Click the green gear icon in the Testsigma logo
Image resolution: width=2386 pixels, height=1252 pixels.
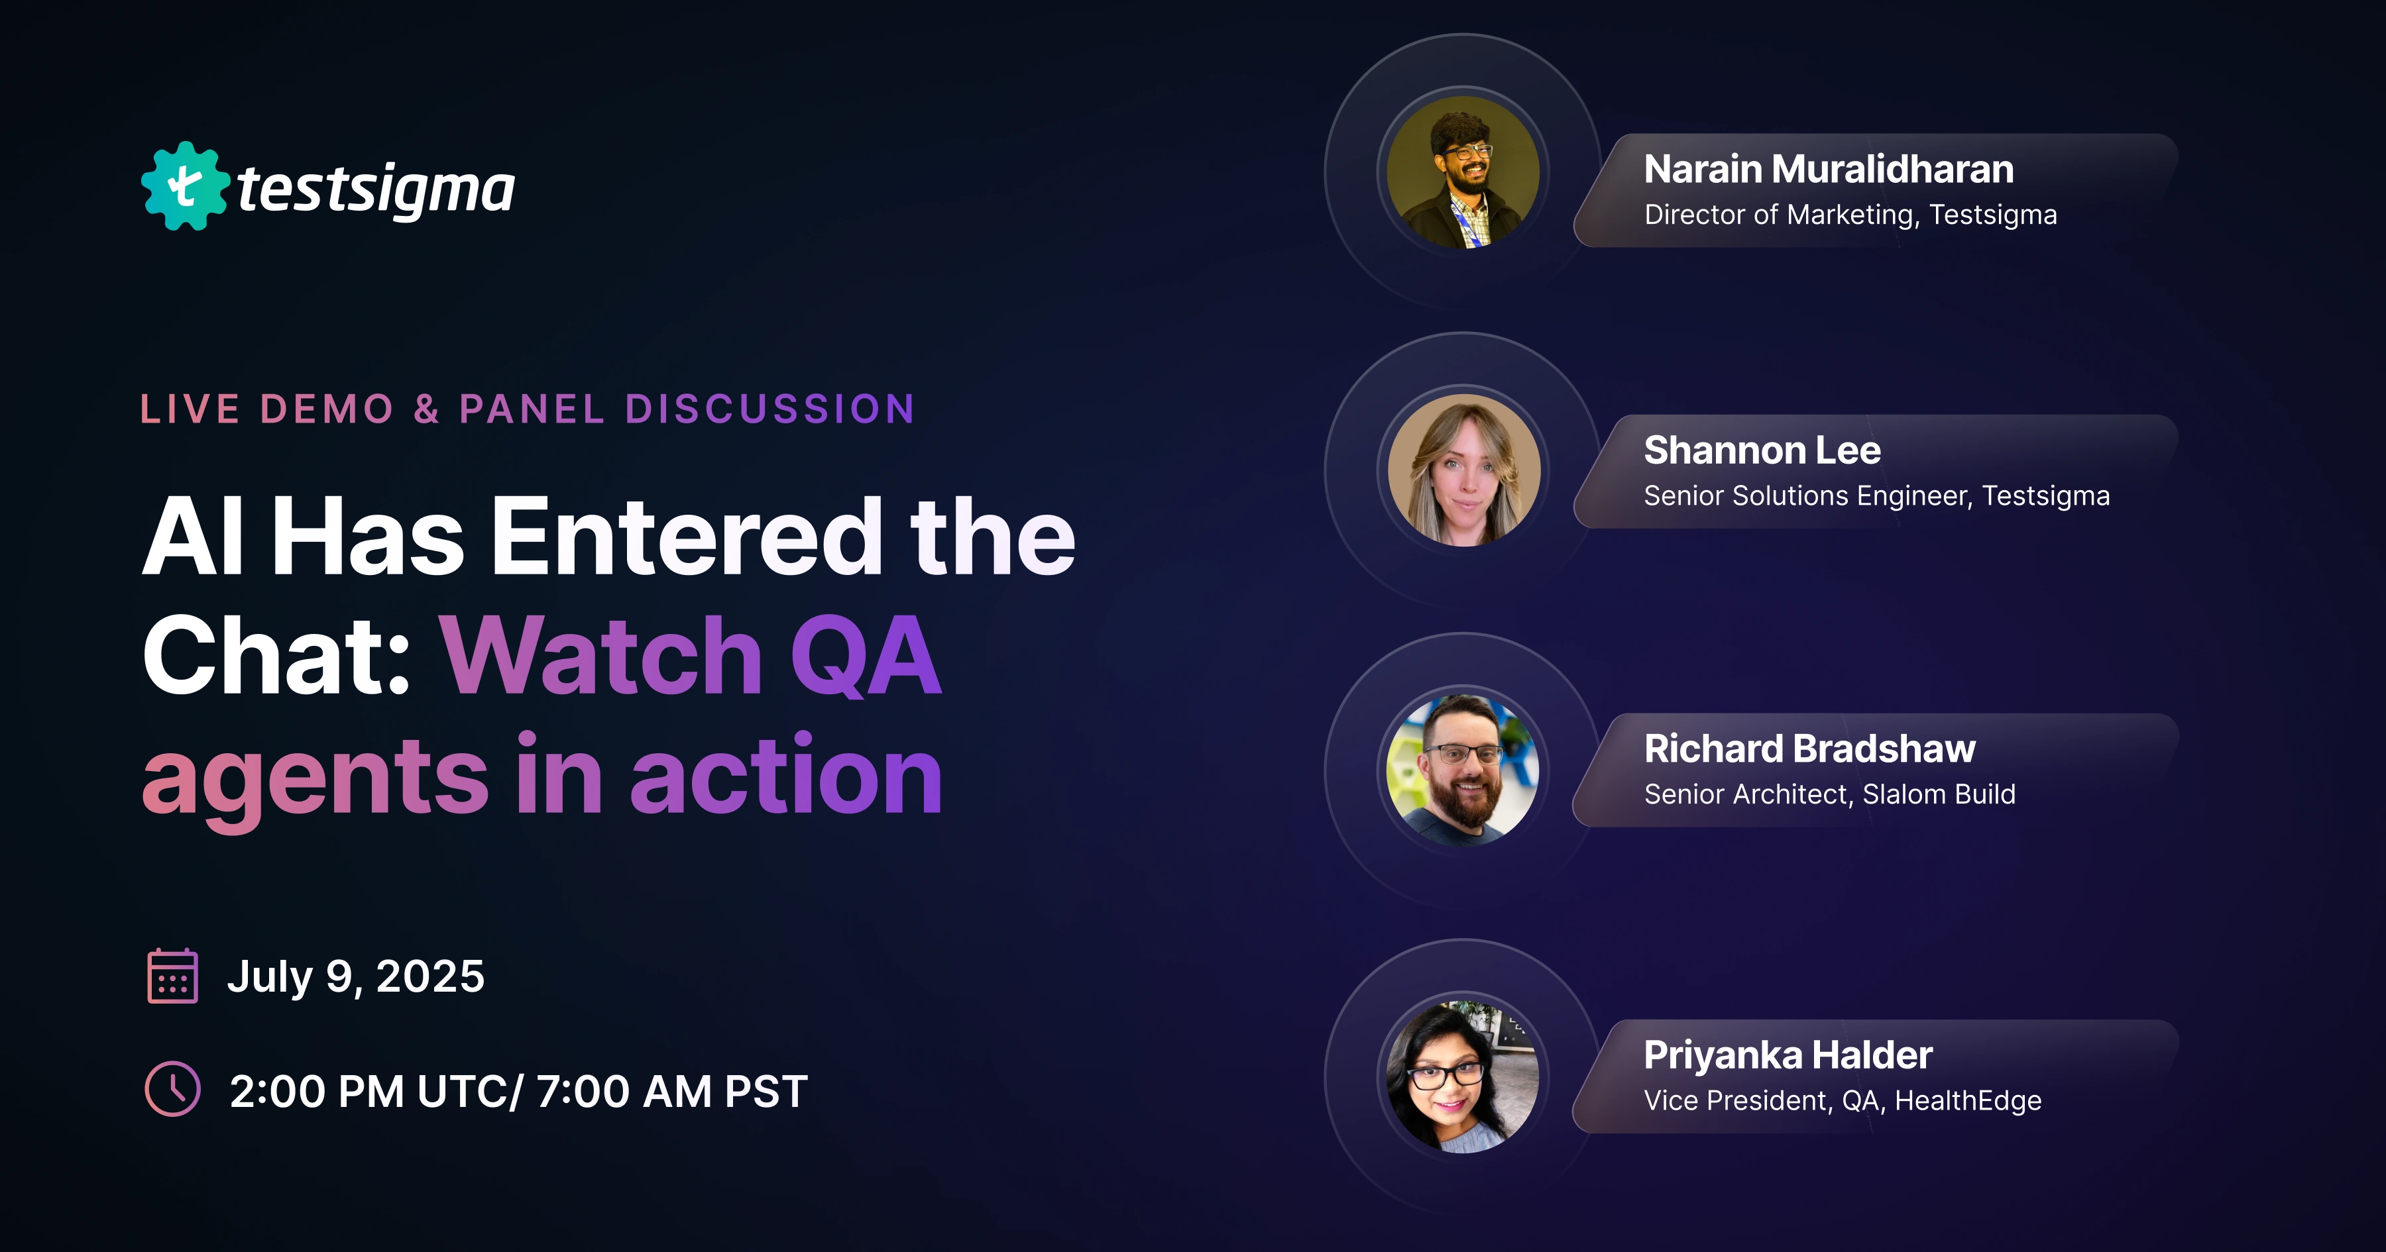point(184,186)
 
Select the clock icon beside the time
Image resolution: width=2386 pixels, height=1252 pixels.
point(172,1089)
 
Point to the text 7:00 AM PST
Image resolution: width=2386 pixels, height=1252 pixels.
point(671,1091)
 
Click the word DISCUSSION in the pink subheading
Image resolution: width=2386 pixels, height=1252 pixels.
point(769,409)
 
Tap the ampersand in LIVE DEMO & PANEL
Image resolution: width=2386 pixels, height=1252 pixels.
point(426,409)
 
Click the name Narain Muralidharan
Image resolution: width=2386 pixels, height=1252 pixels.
point(1829,170)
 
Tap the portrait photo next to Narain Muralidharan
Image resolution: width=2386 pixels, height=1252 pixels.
point(1463,172)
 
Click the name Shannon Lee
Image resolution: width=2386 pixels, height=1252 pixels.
point(1762,450)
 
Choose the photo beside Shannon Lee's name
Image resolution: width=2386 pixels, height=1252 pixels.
point(1463,470)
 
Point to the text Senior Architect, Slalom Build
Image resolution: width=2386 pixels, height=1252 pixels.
point(1829,794)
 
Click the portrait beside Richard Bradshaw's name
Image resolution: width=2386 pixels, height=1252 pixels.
point(1463,770)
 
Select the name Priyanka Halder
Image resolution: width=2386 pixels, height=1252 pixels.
point(1788,1055)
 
